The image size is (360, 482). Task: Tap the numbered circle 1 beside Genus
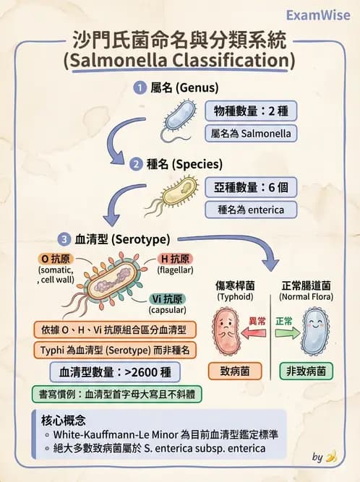pos(140,87)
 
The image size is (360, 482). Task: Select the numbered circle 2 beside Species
pos(135,164)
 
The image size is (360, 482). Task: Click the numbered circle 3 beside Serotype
pos(65,238)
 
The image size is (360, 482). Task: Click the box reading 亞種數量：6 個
pos(251,187)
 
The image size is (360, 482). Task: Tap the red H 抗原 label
pos(173,259)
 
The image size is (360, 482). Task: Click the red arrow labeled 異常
pos(257,332)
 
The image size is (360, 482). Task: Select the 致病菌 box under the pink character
pos(234,371)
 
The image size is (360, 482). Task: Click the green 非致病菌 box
pos(306,371)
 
